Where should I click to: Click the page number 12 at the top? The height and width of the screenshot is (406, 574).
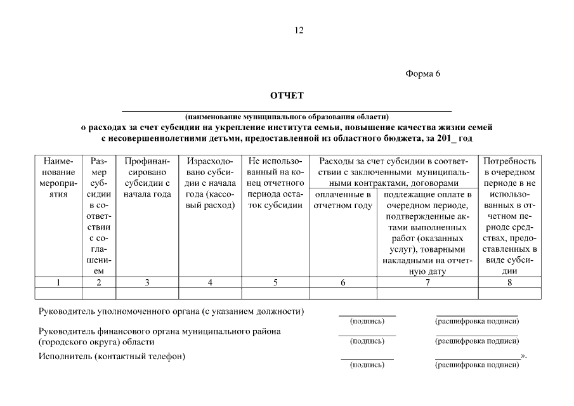(x=299, y=30)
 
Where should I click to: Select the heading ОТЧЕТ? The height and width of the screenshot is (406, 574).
(x=287, y=96)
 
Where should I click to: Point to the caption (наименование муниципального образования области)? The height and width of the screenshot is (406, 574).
(x=287, y=117)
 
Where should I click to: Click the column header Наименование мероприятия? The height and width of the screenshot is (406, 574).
(x=58, y=178)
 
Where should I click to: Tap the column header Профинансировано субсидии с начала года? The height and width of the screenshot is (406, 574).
(x=147, y=178)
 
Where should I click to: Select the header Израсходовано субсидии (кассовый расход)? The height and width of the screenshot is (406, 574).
(x=210, y=183)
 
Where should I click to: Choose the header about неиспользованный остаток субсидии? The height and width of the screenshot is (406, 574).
(x=275, y=183)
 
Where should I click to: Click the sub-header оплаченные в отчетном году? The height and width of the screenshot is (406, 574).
(x=342, y=200)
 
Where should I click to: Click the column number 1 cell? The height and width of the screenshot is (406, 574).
(x=58, y=283)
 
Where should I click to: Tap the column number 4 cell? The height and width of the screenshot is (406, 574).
(x=210, y=283)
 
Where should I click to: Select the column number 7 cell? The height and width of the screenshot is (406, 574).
(x=427, y=283)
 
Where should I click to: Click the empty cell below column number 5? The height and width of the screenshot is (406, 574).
(x=275, y=293)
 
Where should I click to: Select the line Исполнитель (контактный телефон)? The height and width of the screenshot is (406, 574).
(x=112, y=356)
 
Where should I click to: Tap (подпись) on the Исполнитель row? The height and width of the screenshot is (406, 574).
(x=367, y=365)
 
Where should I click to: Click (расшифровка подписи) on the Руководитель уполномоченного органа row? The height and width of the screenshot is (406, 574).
(x=477, y=321)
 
